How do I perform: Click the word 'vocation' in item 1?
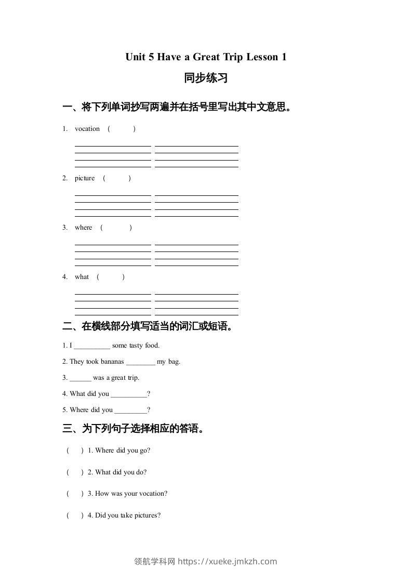(x=87, y=129)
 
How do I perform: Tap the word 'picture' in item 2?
(x=85, y=178)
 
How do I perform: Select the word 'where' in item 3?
(x=83, y=228)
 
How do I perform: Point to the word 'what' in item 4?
(x=82, y=277)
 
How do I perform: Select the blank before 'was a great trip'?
(x=80, y=378)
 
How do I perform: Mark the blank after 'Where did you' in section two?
(x=130, y=410)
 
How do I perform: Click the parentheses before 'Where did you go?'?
(x=75, y=451)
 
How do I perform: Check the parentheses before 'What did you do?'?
(x=75, y=472)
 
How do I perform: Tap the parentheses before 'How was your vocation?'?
(x=75, y=494)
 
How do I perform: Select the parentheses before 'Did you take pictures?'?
(x=75, y=515)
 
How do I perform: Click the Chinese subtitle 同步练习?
(x=206, y=78)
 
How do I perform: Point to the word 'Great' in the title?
(x=207, y=57)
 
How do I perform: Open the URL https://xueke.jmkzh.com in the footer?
(x=227, y=561)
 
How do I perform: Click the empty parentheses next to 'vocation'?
(x=122, y=129)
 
